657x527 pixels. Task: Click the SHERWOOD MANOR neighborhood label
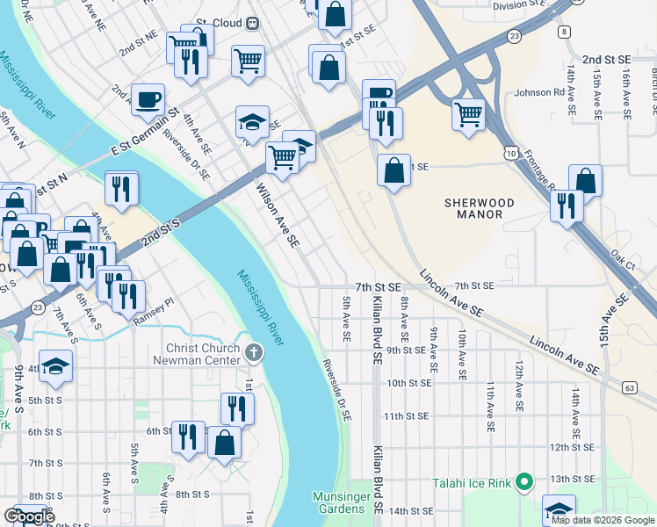pos(473,207)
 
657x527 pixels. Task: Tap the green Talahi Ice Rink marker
pos(524,481)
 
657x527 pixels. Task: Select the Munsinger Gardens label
pos(339,502)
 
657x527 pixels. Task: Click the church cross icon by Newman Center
pos(254,353)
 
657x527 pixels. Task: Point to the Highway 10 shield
pos(510,155)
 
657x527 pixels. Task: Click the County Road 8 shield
pos(563,32)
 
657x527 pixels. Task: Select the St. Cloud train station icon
pos(253,23)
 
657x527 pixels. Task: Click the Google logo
pos(30,516)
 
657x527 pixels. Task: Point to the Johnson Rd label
pos(538,92)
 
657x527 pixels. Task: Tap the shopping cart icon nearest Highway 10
pos(469,113)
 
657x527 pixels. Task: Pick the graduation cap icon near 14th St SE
pos(559,509)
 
